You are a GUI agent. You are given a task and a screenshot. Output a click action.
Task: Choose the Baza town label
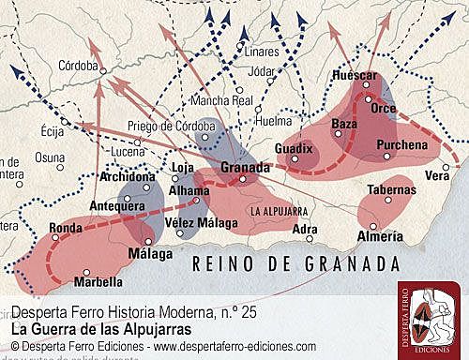coord(345,124)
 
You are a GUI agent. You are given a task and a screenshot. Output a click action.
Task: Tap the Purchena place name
coord(401,144)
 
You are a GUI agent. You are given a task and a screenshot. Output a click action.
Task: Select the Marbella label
coord(98,280)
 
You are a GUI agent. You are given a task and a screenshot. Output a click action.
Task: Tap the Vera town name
coord(437,175)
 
